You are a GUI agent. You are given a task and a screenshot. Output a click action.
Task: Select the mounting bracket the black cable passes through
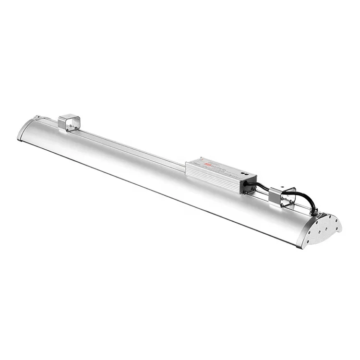pyautogui.click(x=282, y=196)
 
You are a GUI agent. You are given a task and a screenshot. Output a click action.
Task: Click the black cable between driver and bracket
pyautogui.click(x=262, y=184)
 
